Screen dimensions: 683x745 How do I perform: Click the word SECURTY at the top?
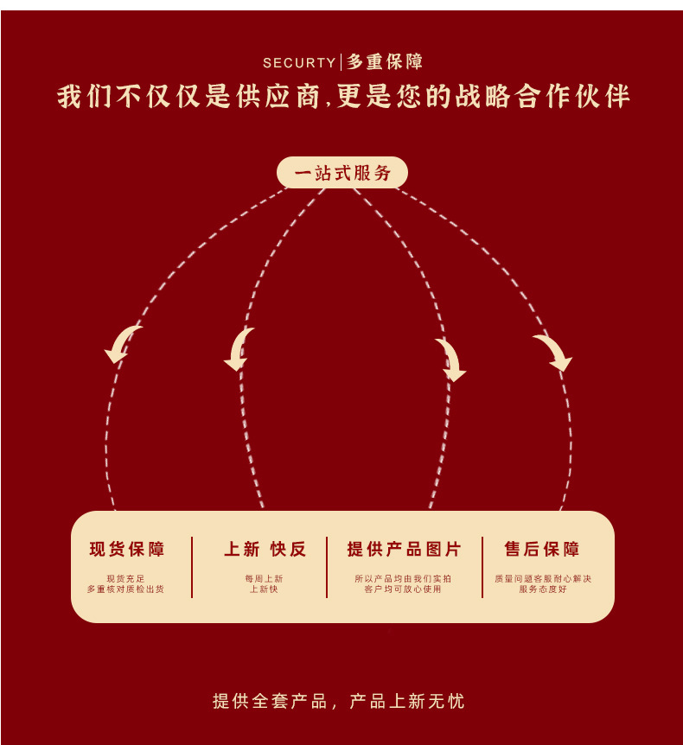tap(299, 63)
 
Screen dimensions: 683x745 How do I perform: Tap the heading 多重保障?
tap(385, 62)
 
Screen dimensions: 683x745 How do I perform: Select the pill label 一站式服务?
tap(342, 173)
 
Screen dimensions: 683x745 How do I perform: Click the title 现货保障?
tap(127, 549)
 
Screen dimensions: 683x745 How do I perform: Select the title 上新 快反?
tap(265, 549)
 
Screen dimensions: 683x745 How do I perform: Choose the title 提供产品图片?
tap(404, 549)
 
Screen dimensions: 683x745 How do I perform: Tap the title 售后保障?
tap(542, 549)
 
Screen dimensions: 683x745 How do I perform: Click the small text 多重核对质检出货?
tap(125, 589)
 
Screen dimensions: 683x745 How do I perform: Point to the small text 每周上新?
tap(264, 579)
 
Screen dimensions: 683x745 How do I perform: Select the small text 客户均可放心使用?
tap(403, 589)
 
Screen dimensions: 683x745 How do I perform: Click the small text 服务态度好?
tap(543, 589)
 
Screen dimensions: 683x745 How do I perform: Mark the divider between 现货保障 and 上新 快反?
tap(192, 567)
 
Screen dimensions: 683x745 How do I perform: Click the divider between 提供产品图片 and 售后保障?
tap(482, 567)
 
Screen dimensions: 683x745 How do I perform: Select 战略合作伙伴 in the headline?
tap(545, 97)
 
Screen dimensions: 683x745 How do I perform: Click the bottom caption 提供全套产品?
tap(270, 701)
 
